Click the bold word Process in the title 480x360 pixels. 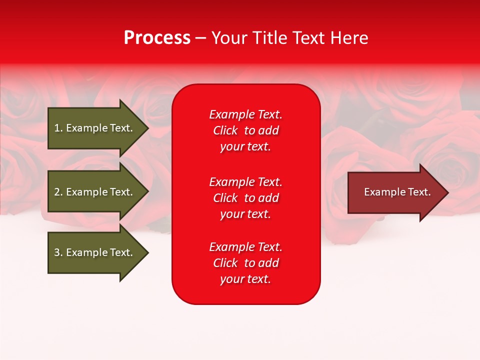click(x=157, y=38)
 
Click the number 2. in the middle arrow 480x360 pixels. click(x=58, y=192)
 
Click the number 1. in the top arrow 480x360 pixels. click(x=58, y=128)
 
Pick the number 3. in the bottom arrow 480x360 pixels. click(x=58, y=252)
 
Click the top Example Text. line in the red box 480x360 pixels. click(x=245, y=114)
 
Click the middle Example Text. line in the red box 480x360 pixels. click(x=245, y=182)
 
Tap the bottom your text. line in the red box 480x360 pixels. click(x=245, y=279)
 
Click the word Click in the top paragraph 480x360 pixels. click(x=225, y=130)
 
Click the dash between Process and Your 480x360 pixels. click(x=200, y=38)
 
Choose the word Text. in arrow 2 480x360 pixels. click(x=121, y=192)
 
